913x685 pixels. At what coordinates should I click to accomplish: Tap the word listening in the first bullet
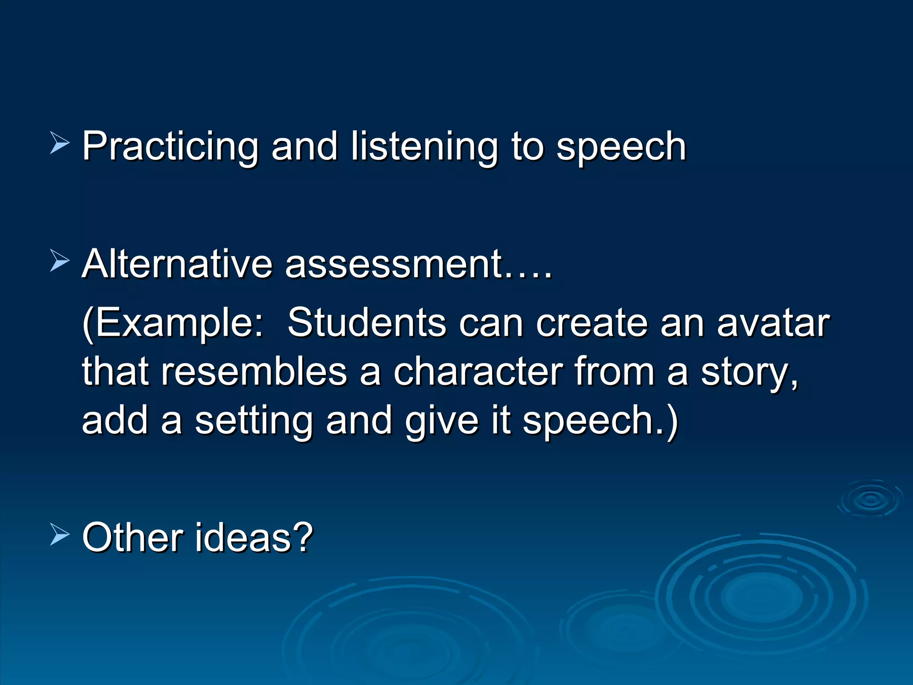point(424,147)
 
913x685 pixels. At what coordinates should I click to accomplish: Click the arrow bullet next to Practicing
point(59,143)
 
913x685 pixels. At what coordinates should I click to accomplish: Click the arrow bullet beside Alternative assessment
point(59,260)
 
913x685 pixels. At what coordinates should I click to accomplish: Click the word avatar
point(773,323)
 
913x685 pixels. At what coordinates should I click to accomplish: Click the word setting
point(254,421)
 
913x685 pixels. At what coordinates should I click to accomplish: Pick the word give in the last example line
point(441,421)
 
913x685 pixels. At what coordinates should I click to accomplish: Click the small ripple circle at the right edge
point(870,499)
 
